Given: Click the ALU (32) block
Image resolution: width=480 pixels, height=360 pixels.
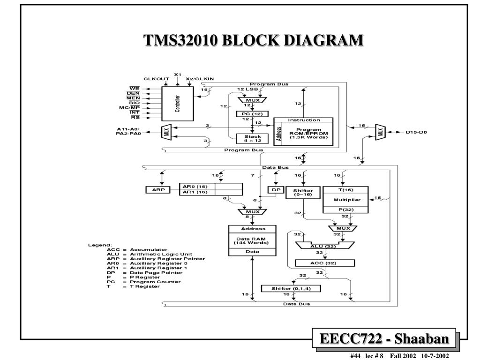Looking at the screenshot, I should click(x=325, y=246).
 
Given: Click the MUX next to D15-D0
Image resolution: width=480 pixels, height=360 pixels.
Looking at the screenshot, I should click(x=381, y=132).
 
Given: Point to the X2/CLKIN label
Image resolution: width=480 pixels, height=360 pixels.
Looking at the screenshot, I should click(x=200, y=79).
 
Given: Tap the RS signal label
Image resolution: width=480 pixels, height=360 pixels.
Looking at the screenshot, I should click(x=135, y=118).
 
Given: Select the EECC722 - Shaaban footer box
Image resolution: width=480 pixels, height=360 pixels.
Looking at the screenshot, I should click(x=384, y=338).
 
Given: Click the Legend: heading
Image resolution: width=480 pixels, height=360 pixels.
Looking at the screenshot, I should click(x=99, y=245).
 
